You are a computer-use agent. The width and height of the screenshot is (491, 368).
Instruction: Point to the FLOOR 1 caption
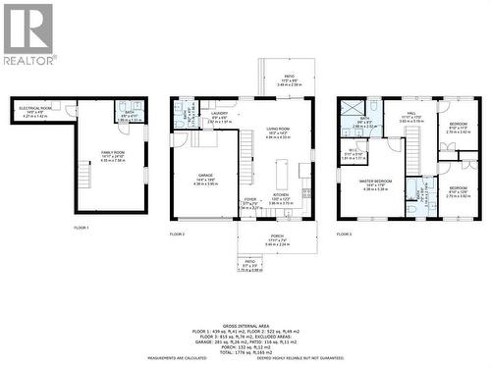pos(82,228)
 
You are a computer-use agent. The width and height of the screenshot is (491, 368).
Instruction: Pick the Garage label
pos(204,181)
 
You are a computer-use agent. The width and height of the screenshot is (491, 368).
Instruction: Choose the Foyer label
pos(250,203)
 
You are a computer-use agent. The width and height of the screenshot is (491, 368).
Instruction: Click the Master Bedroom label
pos(377,184)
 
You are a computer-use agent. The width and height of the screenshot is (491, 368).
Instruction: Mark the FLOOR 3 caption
pos(345,236)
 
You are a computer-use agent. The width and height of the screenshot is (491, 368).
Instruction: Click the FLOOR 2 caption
pos(177,236)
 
